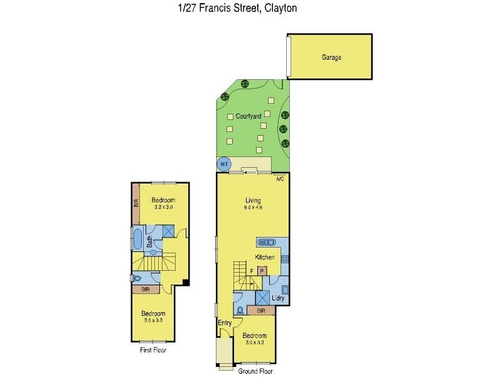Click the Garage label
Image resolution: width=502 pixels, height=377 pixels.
331,57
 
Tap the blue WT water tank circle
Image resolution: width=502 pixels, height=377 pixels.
223,164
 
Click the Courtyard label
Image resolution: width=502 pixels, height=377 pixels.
248,116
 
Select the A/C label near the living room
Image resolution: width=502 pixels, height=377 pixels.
280,179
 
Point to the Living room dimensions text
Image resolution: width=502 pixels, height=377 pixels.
253,208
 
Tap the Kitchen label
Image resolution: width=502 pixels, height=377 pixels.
265,258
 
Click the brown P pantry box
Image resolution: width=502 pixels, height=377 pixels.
262,271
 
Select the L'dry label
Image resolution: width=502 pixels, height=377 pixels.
277,299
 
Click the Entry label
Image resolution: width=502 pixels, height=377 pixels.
225,323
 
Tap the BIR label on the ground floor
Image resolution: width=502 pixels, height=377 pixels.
260,310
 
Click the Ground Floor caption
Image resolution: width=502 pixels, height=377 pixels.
255,371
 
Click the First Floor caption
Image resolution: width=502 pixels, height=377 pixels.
153,350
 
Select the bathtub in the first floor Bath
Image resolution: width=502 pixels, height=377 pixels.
138,239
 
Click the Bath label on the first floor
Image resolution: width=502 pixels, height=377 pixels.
149,241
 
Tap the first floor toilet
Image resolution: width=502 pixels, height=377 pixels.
136,278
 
